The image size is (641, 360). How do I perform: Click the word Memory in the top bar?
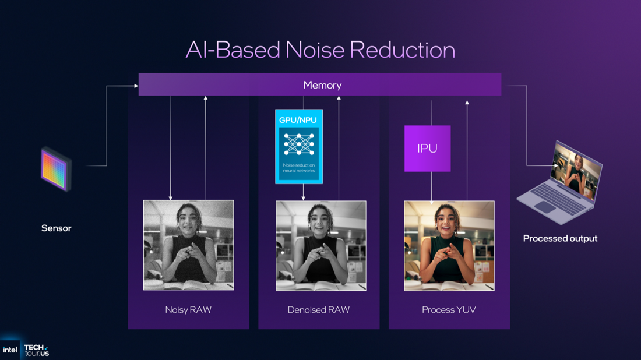point(322,85)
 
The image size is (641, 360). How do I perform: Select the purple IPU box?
point(427,149)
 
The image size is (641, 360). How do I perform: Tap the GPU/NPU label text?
point(298,120)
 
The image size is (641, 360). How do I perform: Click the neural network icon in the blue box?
point(299,144)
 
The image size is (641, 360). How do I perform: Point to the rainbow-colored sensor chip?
point(56,169)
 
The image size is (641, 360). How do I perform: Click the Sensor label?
point(56,228)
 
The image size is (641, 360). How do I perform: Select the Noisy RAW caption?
point(188,310)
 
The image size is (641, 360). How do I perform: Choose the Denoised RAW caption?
point(318,310)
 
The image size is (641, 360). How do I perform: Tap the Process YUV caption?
point(449,310)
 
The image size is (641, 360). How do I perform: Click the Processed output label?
point(560,238)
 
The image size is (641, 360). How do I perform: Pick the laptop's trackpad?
point(545,207)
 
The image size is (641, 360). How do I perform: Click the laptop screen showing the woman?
point(576,171)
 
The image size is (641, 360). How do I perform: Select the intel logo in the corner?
point(10,350)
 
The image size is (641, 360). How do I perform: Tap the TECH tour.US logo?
point(36,350)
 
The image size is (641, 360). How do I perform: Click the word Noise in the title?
point(315,50)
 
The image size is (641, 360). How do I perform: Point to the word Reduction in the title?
point(402,50)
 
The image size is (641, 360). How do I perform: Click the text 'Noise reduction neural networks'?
point(299,168)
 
